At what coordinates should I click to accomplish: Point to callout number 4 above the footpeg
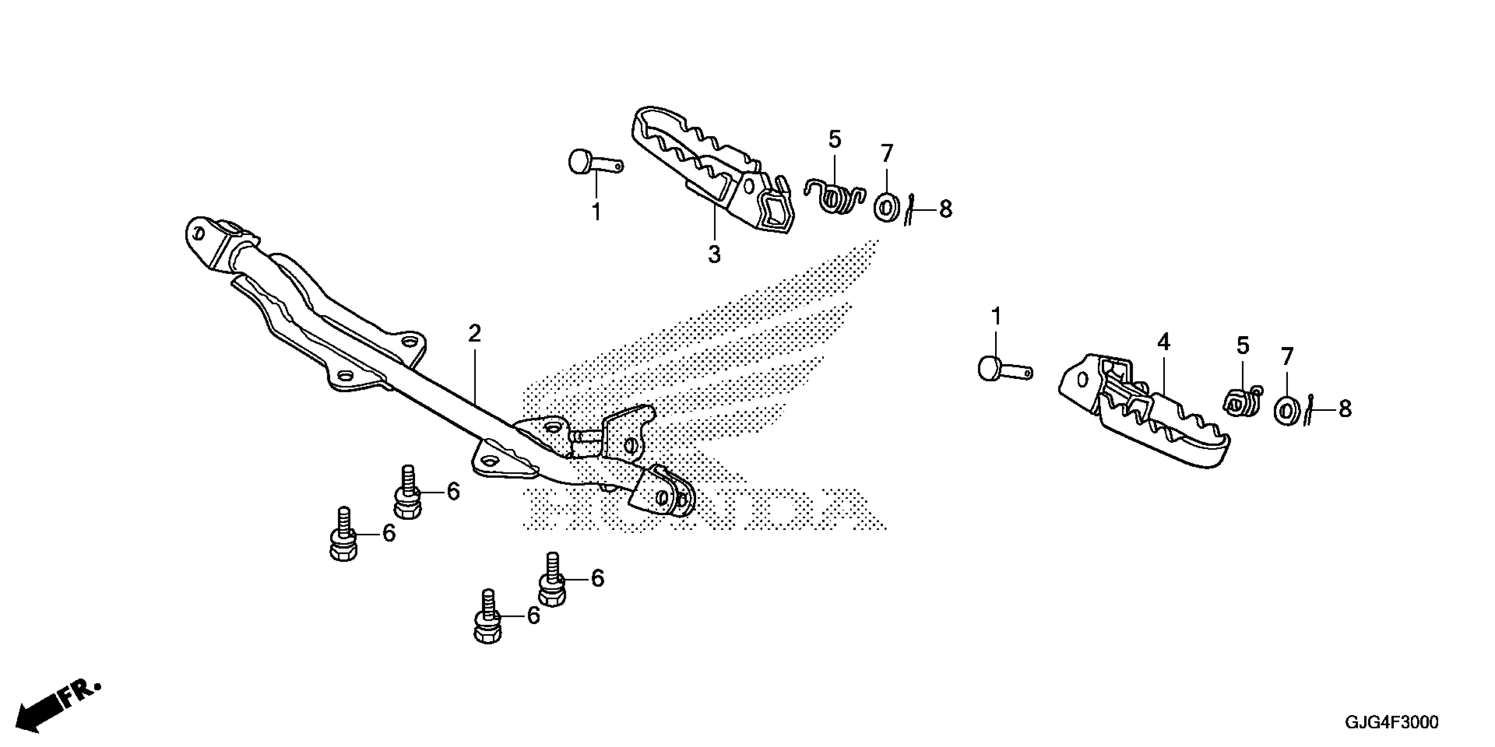coord(1163,343)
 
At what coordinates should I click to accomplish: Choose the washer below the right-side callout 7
coord(1286,410)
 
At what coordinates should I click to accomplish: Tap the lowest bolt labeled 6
coord(488,624)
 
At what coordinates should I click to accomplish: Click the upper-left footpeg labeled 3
coord(714,168)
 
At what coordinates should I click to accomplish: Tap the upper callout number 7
coord(886,154)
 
